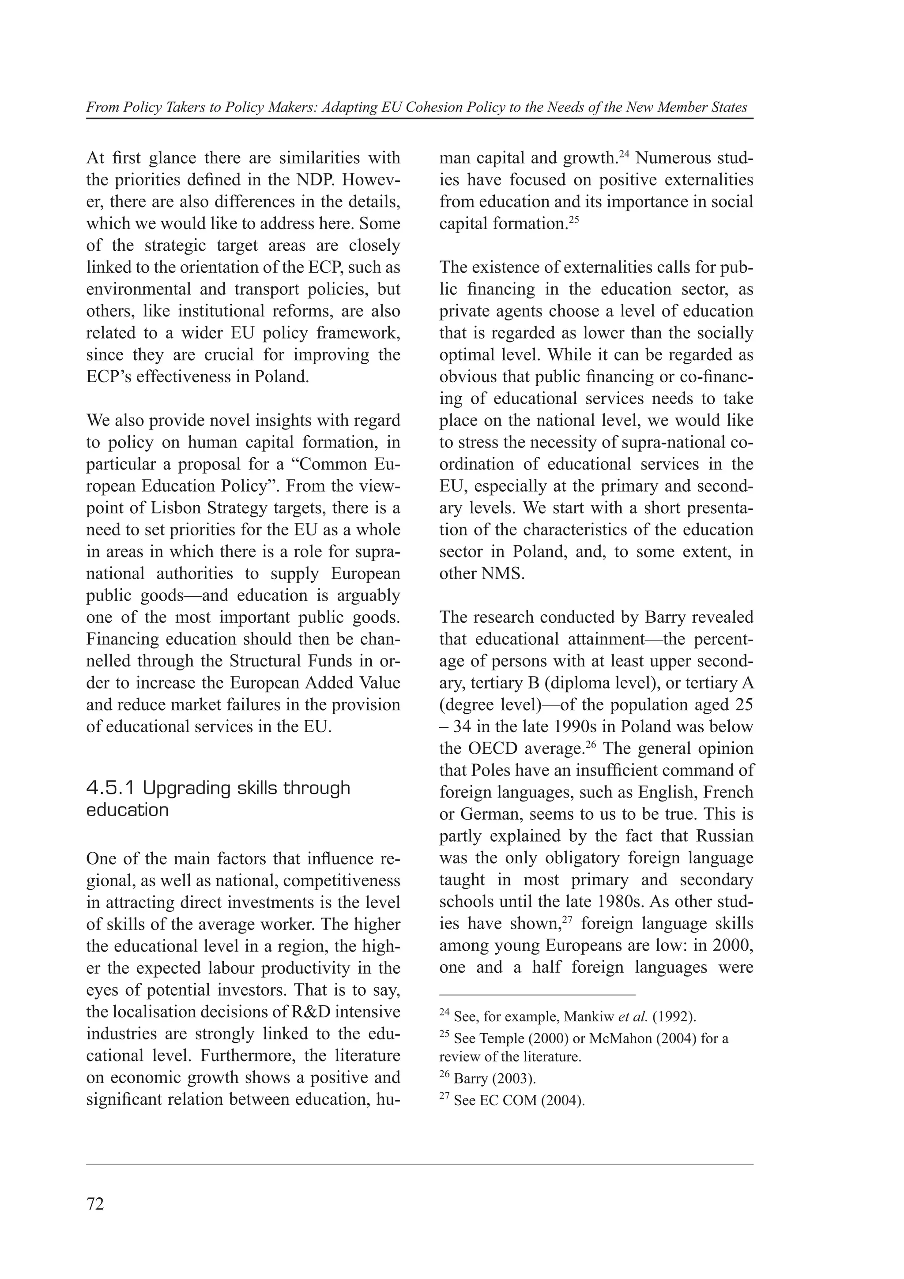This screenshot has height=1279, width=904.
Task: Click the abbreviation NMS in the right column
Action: (x=502, y=574)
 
